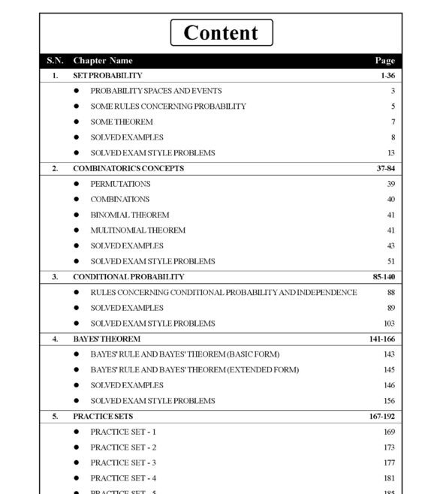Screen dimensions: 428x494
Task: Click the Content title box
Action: (x=222, y=33)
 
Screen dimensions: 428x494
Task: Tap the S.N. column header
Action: (x=55, y=61)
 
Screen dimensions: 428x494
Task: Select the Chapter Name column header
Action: (x=103, y=61)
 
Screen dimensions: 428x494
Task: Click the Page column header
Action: (x=384, y=61)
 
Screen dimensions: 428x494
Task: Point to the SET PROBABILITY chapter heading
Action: (x=107, y=76)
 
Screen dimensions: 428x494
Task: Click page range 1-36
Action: (x=387, y=76)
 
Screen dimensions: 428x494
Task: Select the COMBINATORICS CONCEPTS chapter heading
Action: (x=128, y=168)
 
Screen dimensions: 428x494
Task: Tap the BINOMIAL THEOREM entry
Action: (x=129, y=215)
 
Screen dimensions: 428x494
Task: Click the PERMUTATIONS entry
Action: (x=120, y=184)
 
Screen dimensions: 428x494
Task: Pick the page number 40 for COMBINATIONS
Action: (x=390, y=200)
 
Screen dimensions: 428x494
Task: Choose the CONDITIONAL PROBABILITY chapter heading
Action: (x=128, y=277)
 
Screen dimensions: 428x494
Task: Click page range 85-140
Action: (x=384, y=277)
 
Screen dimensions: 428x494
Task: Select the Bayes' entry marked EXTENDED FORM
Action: (x=194, y=370)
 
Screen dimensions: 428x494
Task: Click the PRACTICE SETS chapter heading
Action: (x=103, y=417)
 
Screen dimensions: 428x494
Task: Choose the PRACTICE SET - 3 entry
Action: (x=123, y=463)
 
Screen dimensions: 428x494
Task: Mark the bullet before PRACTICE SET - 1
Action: (x=76, y=432)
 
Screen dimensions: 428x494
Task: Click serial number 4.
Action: (x=55, y=339)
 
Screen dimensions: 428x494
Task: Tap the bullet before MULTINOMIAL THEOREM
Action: (x=76, y=230)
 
